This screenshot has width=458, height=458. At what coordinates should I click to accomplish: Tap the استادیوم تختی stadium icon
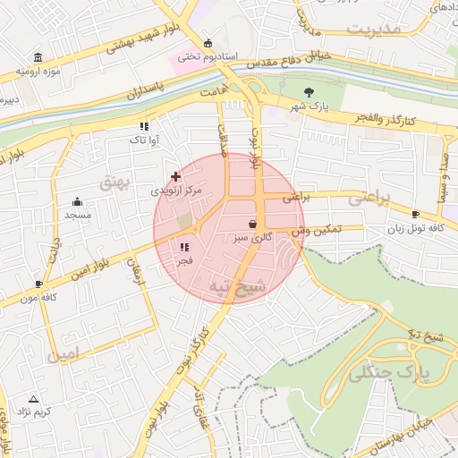coord(208,43)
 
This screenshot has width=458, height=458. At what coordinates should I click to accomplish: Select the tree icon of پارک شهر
coord(310,92)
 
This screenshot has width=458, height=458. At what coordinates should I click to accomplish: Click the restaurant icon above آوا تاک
coord(144,126)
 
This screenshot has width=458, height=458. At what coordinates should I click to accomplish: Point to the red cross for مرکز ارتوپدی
coord(175,177)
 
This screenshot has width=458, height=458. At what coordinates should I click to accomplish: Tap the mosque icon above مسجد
coord(77,201)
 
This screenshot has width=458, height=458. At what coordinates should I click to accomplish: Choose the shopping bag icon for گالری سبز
coord(253,224)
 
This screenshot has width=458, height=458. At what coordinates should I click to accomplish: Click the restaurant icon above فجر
coord(184,247)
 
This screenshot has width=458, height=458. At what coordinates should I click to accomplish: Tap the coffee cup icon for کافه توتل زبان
coord(415,214)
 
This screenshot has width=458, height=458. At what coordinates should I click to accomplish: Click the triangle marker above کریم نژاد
coord(34,398)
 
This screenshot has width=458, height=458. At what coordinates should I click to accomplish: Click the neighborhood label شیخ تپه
coord(237,286)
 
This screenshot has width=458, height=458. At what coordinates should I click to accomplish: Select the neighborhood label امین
coord(66,355)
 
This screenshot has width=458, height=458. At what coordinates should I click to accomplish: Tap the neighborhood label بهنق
coord(116,182)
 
